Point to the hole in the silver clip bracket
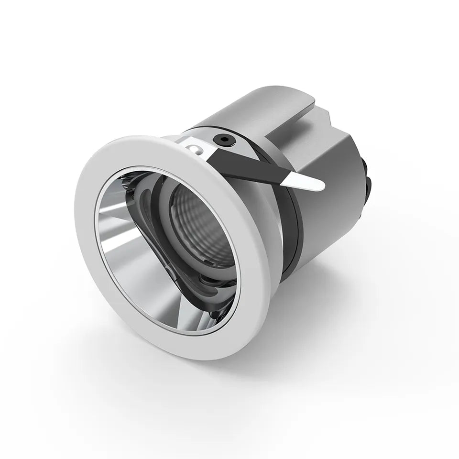pyautogui.click(x=195, y=149)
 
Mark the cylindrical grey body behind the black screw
pyautogui.click(x=249, y=115)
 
